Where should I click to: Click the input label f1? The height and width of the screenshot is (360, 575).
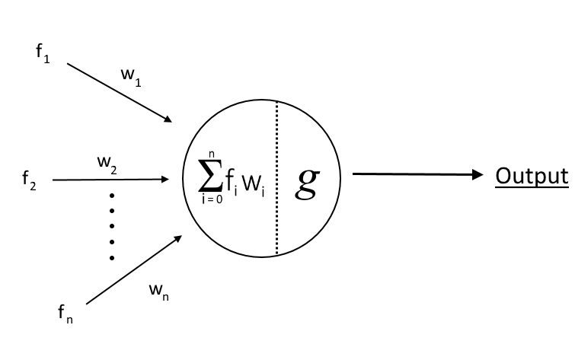43,56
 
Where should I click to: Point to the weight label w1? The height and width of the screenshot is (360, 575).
131,76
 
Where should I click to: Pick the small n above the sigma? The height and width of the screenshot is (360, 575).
211,155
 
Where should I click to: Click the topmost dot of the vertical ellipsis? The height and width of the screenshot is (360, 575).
112,194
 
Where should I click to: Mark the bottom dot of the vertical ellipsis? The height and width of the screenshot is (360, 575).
112,258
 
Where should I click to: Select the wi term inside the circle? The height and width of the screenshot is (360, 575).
254,183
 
